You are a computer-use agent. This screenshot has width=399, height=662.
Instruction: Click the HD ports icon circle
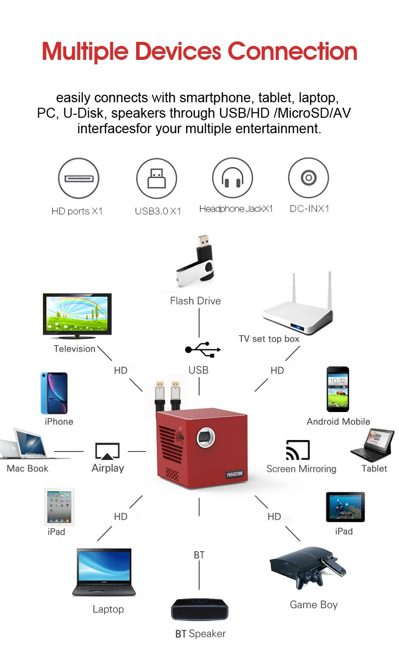click(78, 178)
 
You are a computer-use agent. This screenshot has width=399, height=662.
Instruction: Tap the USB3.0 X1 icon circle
click(157, 179)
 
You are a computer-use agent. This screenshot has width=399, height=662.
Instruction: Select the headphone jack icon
click(232, 178)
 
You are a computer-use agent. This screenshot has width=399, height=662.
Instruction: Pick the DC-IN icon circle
click(308, 178)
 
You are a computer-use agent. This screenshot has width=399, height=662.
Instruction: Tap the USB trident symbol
click(202, 350)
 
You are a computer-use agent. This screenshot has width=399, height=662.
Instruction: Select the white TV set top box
click(298, 309)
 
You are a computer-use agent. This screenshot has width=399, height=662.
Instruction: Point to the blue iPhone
click(54, 393)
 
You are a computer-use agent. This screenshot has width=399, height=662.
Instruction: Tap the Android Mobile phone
click(338, 390)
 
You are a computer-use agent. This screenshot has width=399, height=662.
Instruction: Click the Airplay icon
click(107, 451)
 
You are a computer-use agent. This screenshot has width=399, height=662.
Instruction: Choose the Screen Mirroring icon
click(298, 450)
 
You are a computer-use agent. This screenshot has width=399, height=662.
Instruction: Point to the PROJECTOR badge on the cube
click(234, 474)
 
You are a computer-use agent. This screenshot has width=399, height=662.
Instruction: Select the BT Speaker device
click(199, 609)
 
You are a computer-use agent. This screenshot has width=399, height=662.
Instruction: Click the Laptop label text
click(108, 609)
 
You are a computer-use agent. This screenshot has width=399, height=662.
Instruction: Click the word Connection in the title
click(292, 51)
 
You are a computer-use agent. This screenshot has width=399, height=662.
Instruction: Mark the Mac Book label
click(27, 468)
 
